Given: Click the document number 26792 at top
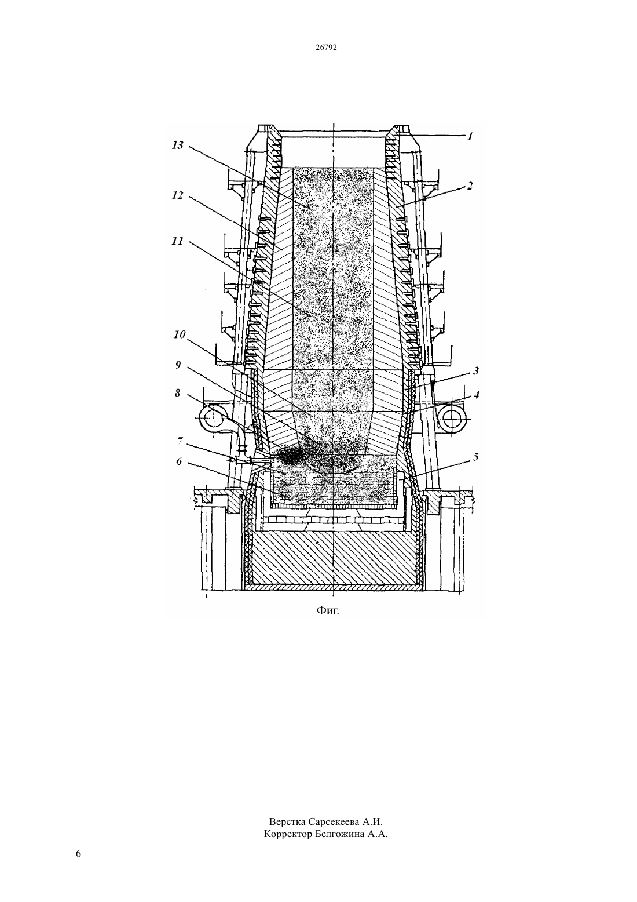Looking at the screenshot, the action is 326,47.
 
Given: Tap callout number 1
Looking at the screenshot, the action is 470,136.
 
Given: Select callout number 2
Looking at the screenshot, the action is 469,186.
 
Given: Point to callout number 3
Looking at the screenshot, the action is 476,370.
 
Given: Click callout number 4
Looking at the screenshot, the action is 477,395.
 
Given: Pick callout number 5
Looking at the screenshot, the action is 476,457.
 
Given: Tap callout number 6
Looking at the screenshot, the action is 178,461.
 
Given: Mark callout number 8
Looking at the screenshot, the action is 177,393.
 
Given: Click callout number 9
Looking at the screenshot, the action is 177,365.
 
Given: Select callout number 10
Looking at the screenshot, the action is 180,334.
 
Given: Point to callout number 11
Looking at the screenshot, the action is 178,241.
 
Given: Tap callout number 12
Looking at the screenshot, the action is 178,196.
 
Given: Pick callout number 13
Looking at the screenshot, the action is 178,146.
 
